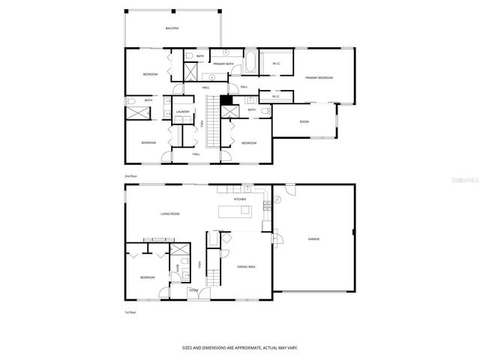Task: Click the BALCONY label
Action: point(172,28)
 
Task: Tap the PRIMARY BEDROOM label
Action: point(319,78)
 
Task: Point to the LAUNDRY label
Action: point(183,112)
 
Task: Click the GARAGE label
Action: point(313,239)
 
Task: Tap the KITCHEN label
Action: point(240,199)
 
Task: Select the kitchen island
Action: point(235,212)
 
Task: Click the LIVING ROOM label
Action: point(169,214)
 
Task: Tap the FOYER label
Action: point(193,290)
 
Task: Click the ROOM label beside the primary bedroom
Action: point(304,121)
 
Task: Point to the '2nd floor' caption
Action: point(131,176)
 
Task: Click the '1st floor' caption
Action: point(131,312)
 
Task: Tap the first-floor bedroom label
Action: point(147,277)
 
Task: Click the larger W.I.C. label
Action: point(276,64)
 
